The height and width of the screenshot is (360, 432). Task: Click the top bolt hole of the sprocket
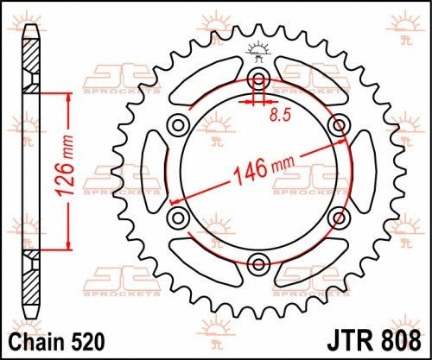(x=257, y=81)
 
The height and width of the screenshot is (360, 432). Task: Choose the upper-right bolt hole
(x=335, y=126)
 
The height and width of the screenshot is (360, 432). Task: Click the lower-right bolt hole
(x=335, y=216)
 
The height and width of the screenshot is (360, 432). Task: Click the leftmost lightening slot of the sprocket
(x=152, y=171)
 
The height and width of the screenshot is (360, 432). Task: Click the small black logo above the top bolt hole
(x=257, y=50)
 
